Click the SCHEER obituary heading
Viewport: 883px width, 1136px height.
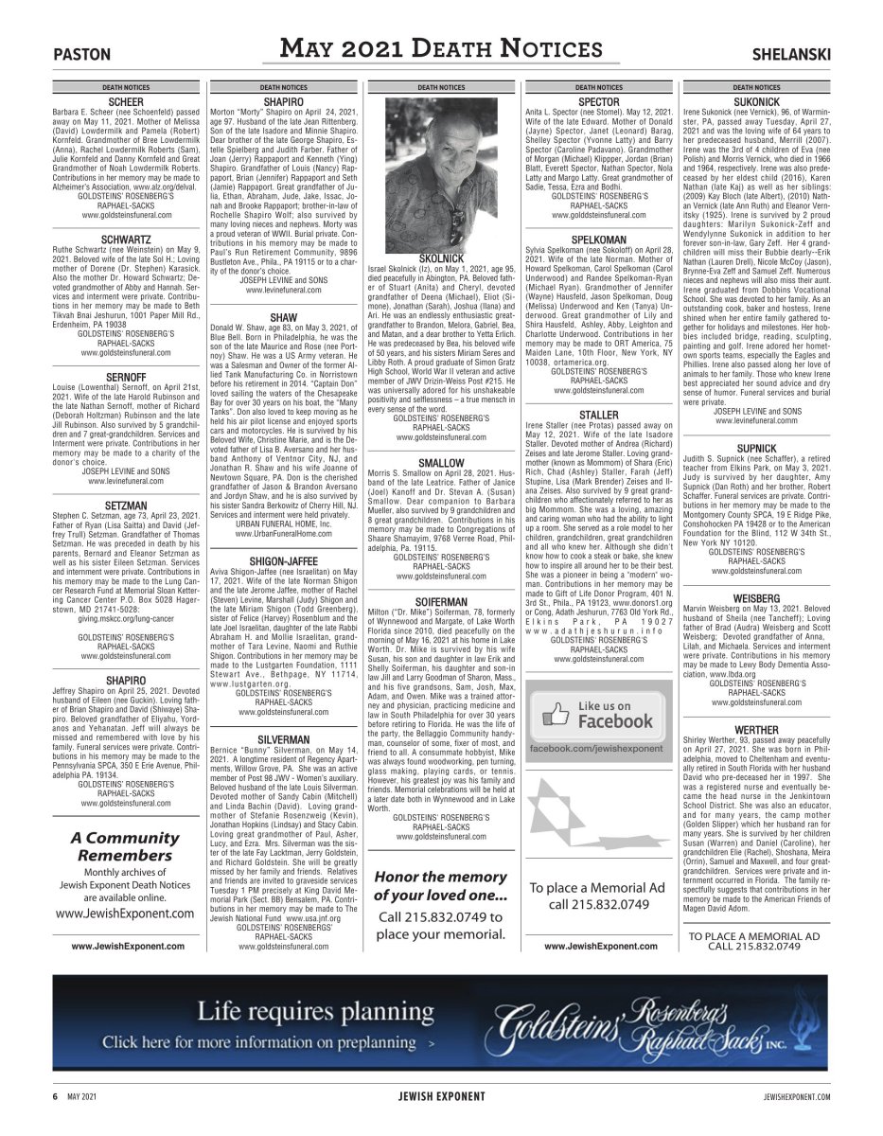click(126, 101)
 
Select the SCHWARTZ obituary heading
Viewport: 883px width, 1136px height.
click(126, 240)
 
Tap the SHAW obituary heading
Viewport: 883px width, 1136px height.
click(284, 317)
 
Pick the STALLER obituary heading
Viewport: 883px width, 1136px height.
click(598, 415)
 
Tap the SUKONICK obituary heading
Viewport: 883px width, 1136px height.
click(756, 101)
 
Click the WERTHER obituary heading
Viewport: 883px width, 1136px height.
click(756, 730)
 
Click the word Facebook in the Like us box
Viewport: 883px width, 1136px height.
click(615, 721)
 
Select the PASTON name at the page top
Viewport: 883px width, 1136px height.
click(82, 55)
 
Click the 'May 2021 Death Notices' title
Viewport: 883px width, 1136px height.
click(442, 49)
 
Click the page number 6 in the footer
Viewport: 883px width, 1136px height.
click(55, 1096)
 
